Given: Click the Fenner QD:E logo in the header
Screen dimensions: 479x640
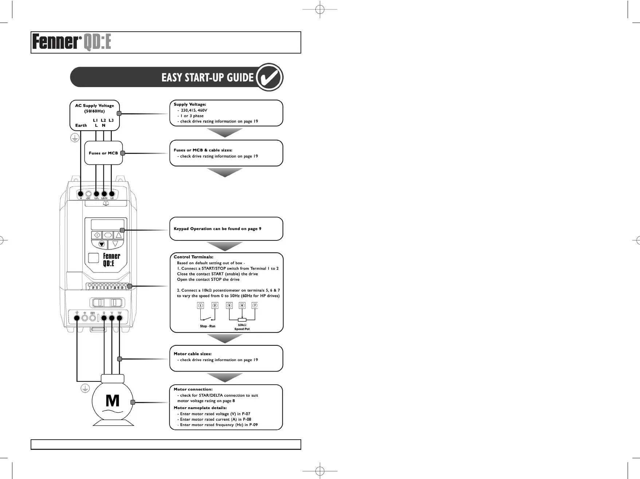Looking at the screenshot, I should (x=71, y=42).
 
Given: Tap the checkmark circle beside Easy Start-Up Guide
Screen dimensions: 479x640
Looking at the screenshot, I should (x=270, y=77).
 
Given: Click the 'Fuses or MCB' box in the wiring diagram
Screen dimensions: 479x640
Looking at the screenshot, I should (x=103, y=153).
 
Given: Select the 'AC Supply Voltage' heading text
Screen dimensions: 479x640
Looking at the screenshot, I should (x=94, y=106).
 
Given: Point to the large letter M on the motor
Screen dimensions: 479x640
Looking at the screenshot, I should (x=112, y=401).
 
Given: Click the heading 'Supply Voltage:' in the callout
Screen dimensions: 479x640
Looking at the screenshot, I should (x=190, y=105).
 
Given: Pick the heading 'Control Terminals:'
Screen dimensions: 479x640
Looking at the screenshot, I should (x=193, y=257).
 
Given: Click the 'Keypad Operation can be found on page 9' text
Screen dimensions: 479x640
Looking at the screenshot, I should (x=217, y=229).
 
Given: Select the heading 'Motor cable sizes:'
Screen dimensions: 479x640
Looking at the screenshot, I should (x=192, y=354).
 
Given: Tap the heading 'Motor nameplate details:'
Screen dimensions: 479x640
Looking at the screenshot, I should (x=200, y=408).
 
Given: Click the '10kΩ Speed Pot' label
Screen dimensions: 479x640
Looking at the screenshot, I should (x=242, y=327).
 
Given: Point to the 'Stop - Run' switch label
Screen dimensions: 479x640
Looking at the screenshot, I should (x=208, y=326).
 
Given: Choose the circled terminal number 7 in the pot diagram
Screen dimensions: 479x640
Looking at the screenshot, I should (x=255, y=306).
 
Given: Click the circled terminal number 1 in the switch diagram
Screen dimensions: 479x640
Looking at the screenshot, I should (x=200, y=306).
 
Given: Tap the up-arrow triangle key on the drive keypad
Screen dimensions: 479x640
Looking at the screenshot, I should (x=118, y=235).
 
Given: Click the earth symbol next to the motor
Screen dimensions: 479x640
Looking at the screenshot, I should (x=85, y=388).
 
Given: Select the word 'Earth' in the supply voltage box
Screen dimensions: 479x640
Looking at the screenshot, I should (x=81, y=125).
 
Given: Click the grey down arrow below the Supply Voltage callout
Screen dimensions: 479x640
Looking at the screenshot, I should (x=225, y=133).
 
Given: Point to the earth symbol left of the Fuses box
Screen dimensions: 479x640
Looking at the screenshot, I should (x=75, y=138).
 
